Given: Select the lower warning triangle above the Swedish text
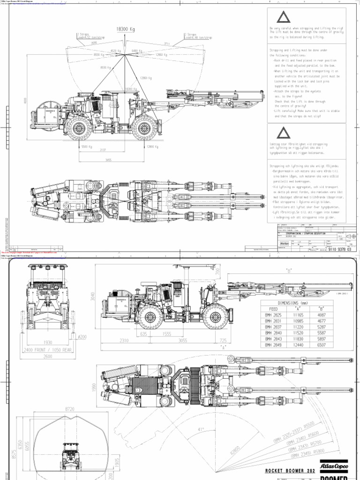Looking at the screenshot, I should (x=283, y=132).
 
